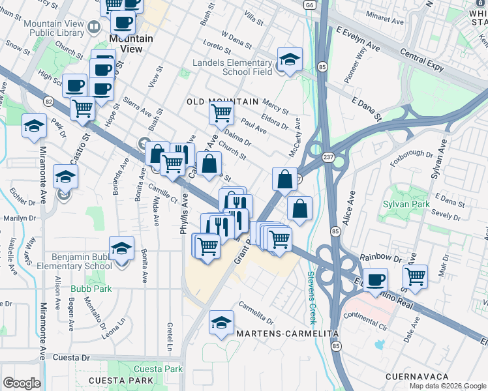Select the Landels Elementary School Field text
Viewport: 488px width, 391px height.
point(232,68)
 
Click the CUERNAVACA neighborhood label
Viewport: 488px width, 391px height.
point(418,377)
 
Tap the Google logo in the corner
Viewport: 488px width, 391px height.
point(22,383)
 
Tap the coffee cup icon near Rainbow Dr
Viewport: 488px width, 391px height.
point(375,280)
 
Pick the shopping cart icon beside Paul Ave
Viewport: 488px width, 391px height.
point(221,113)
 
